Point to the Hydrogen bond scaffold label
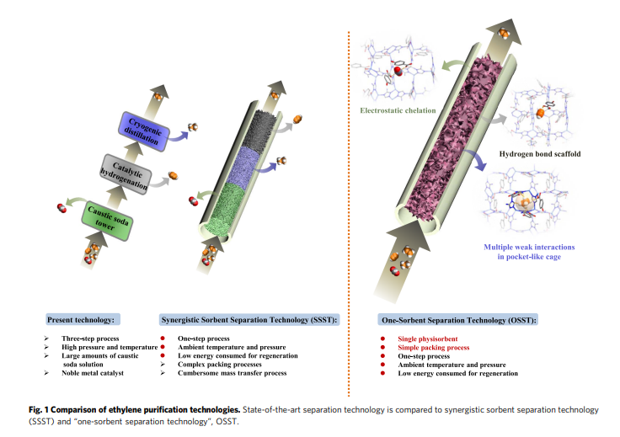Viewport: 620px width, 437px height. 538,155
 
